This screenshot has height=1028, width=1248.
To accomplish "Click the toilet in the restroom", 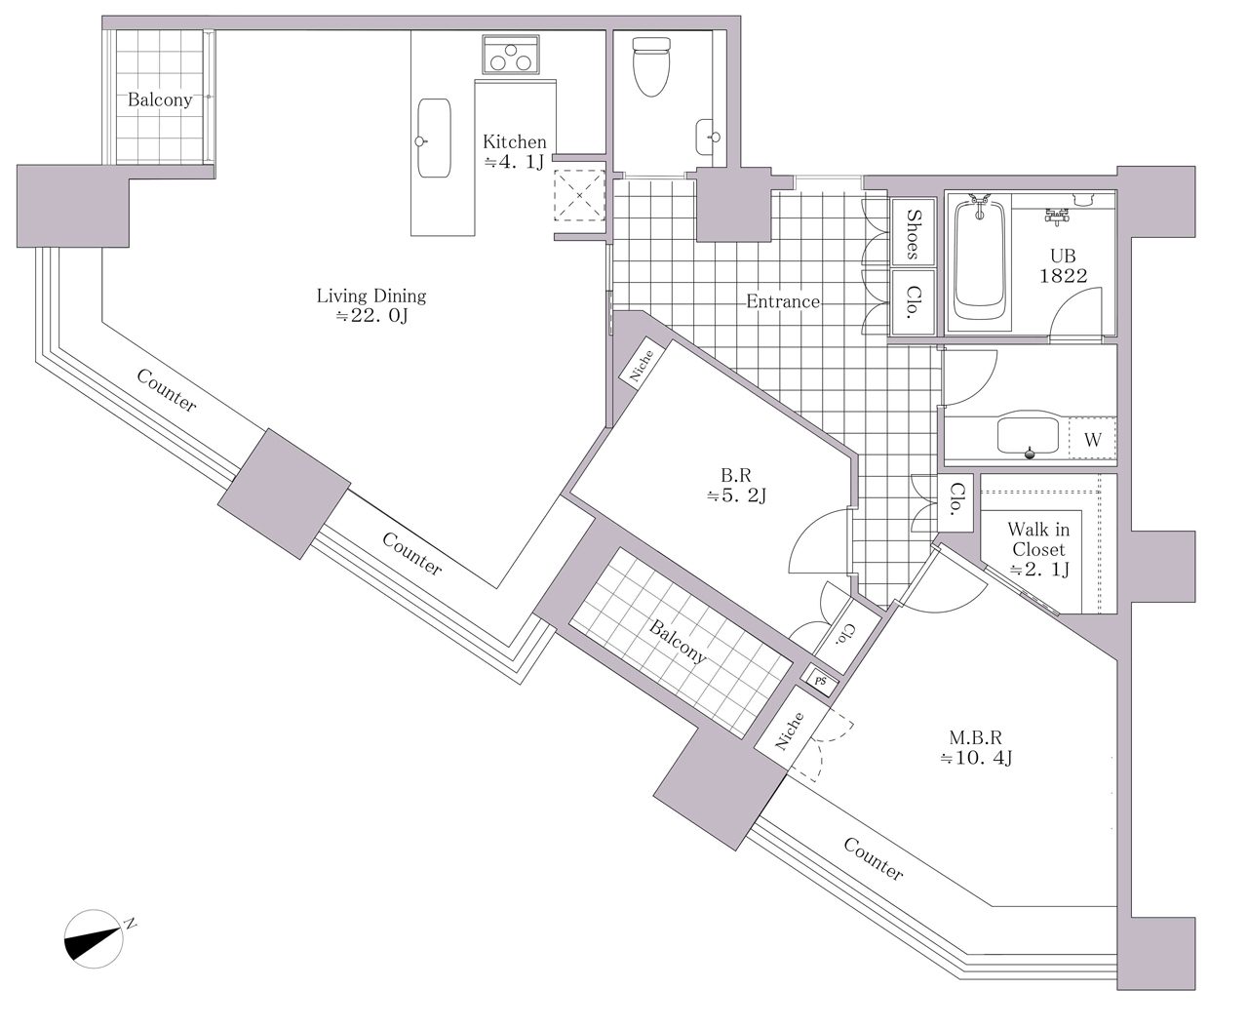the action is click(651, 66).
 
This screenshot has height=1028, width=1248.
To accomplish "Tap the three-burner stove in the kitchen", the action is click(511, 55).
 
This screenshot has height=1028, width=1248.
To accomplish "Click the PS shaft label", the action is click(821, 681).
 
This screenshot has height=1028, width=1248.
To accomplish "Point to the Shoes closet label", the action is click(913, 234).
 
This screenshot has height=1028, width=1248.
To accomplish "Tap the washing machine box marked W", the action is click(1092, 438).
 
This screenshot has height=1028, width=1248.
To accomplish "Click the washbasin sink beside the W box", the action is click(1028, 436).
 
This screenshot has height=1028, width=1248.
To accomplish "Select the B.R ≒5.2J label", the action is click(736, 486).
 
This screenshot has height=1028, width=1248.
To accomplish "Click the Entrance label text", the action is click(783, 301).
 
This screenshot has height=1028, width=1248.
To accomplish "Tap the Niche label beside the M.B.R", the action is click(789, 731).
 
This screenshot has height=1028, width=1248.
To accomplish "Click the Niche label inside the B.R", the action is click(642, 366).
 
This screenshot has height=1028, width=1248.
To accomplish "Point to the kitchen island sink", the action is click(434, 138).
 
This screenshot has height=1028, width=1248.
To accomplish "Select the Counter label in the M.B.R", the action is click(874, 858).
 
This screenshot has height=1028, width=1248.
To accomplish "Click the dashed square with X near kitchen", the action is click(579, 195).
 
